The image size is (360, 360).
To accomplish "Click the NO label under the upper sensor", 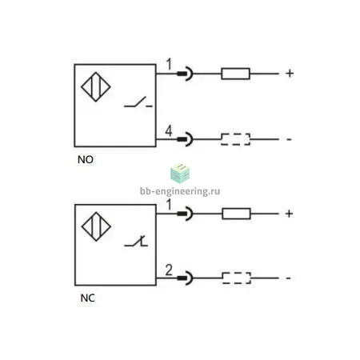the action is (x=86, y=159).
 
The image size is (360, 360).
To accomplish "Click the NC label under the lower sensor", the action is (x=87, y=298).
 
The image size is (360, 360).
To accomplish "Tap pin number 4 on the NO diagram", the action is (x=169, y=131).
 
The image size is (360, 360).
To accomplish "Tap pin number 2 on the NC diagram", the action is (x=169, y=270).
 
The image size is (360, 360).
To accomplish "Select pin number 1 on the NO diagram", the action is (x=169, y=64).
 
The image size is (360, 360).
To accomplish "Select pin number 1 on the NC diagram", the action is (x=169, y=205).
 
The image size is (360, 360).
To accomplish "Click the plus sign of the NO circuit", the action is (x=290, y=74).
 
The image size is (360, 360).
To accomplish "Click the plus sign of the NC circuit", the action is (x=289, y=214).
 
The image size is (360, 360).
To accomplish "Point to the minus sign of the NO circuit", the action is (x=289, y=139).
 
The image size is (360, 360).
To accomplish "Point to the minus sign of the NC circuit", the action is (x=288, y=278).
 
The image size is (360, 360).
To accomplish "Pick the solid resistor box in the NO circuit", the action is (x=235, y=74).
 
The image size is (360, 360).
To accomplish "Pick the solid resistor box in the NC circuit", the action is (x=236, y=214).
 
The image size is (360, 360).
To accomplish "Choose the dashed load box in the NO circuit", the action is (x=236, y=139).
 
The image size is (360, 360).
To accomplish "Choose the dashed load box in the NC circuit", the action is (x=237, y=278).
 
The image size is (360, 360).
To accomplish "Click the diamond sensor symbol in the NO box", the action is (x=96, y=87).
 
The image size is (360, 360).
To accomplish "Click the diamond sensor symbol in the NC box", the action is (x=96, y=226).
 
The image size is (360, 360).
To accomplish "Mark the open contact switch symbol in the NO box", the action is (x=138, y=102).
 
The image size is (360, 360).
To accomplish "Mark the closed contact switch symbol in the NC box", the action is (x=136, y=241).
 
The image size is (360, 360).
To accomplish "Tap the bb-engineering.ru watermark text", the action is (x=180, y=191).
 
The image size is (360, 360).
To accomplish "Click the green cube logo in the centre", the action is (x=180, y=174).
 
